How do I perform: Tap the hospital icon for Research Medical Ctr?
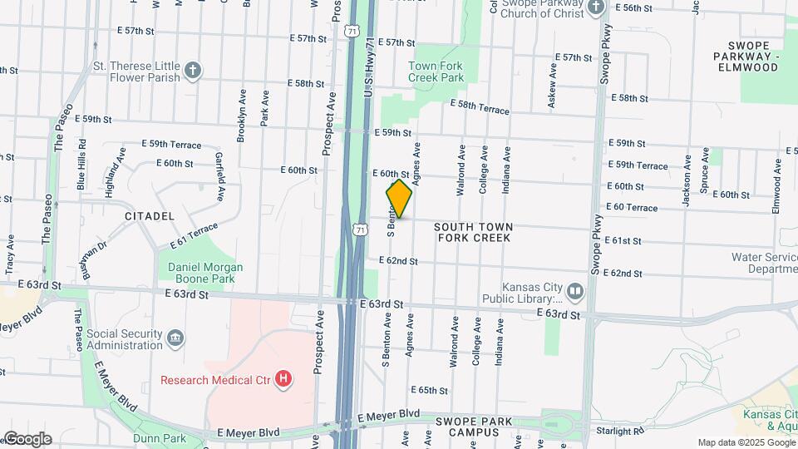click(284, 380)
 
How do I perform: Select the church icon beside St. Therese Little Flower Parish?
click(193, 69)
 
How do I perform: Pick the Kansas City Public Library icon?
click(575, 293)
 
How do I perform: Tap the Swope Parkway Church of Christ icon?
click(595, 8)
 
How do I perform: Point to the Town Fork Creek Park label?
click(436, 72)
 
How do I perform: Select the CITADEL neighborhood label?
click(150, 216)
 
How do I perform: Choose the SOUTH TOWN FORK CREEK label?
click(472, 232)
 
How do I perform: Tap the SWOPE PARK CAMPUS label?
click(473, 427)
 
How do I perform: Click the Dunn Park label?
click(163, 438)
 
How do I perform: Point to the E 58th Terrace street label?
click(480, 106)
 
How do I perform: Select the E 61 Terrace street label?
click(193, 235)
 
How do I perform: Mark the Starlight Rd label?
click(619, 431)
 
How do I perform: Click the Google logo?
click(27, 439)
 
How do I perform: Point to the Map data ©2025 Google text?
click(746, 442)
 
